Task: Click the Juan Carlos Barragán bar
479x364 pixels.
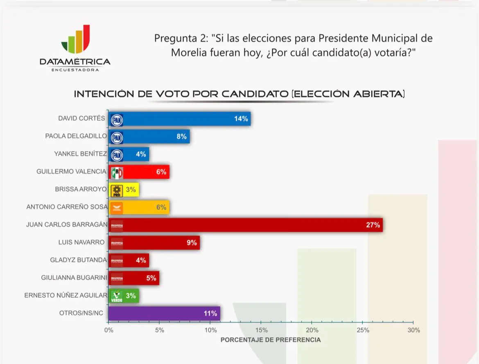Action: [x=246, y=225]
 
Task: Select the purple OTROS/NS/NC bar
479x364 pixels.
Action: [x=164, y=314]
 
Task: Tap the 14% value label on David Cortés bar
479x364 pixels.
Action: [x=241, y=119]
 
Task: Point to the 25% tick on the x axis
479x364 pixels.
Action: [x=363, y=330]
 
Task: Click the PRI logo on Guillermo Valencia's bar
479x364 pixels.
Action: [x=117, y=172]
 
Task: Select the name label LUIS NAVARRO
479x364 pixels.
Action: [x=81, y=242]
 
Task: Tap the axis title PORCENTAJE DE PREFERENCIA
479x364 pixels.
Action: [x=271, y=340]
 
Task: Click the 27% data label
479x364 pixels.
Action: [x=373, y=225]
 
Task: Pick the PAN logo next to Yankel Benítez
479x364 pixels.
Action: [x=117, y=154]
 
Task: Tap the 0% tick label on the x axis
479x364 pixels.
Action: [x=108, y=330]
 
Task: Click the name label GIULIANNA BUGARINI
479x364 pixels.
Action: [x=74, y=278]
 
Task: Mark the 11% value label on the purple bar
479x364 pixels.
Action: [x=210, y=314]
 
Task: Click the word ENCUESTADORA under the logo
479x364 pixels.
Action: [x=75, y=70]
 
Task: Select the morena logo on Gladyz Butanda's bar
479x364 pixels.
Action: [x=117, y=260]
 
